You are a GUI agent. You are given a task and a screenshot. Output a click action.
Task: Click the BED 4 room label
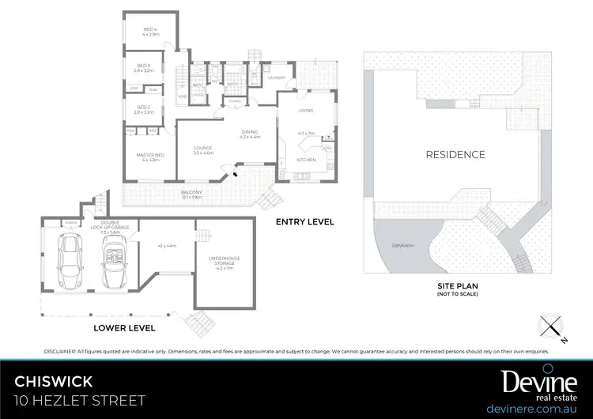[150, 29]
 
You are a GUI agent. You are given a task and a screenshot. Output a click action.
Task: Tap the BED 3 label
[143, 66]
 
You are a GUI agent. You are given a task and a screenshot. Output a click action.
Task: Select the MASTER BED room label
[149, 155]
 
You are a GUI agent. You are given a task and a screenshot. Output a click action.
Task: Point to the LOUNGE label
[202, 147]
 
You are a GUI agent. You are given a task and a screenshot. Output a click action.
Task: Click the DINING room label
[250, 133]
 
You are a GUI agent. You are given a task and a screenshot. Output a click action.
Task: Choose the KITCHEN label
[306, 160]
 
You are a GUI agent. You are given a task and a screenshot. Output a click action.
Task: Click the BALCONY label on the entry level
[191, 192]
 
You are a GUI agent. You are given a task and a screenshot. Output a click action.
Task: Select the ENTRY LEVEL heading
[304, 222]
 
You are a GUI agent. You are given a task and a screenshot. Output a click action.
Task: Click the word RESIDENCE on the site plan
[455, 154]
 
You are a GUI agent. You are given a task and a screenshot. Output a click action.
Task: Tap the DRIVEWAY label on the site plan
[402, 246]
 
